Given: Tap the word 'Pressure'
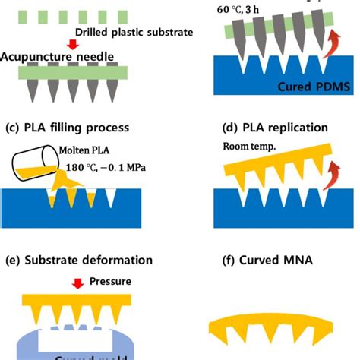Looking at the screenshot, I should click(110, 280).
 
